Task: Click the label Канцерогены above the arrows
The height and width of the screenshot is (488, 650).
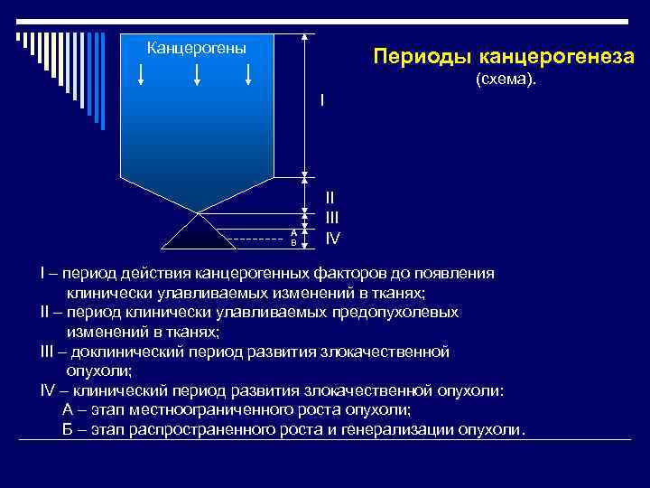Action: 196,47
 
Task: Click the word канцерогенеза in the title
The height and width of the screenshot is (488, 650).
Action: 557,58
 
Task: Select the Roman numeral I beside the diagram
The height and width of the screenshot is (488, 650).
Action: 321,99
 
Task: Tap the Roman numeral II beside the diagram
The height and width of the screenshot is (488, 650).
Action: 330,196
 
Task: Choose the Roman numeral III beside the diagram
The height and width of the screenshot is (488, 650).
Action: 331,218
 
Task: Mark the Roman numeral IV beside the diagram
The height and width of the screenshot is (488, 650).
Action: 332,239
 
